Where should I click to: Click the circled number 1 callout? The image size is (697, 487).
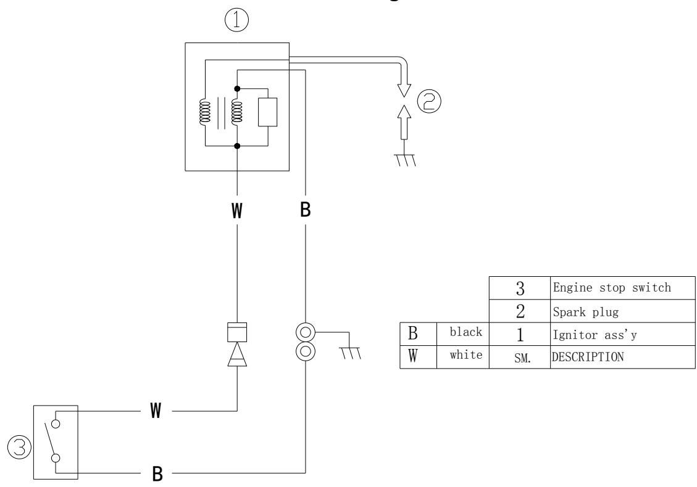click(237, 22)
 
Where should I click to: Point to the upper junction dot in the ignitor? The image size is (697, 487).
click(237, 89)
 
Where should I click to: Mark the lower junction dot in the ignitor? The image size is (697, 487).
click(237, 146)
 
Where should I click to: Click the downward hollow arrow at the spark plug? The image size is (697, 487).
click(404, 87)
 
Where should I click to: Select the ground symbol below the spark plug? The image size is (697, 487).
click(404, 160)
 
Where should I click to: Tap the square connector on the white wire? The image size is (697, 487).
click(238, 332)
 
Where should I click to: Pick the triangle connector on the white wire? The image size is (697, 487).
click(238, 355)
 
